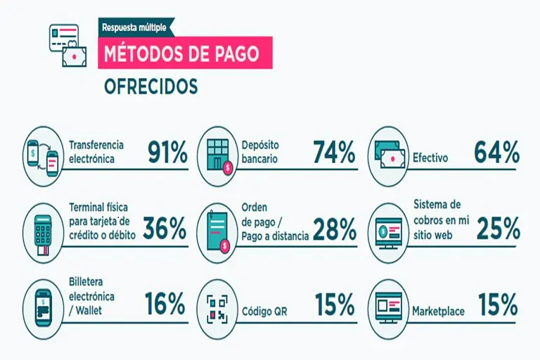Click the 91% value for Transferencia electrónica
[167, 152]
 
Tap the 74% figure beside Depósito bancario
[333, 152]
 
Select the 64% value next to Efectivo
[496, 152]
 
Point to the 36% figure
[165, 228]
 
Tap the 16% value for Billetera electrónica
[165, 304]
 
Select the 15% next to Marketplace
[498, 304]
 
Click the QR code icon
[217, 309]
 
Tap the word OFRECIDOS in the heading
[150, 86]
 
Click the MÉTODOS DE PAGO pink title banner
[185, 53]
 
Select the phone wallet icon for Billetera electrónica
[44, 309]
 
